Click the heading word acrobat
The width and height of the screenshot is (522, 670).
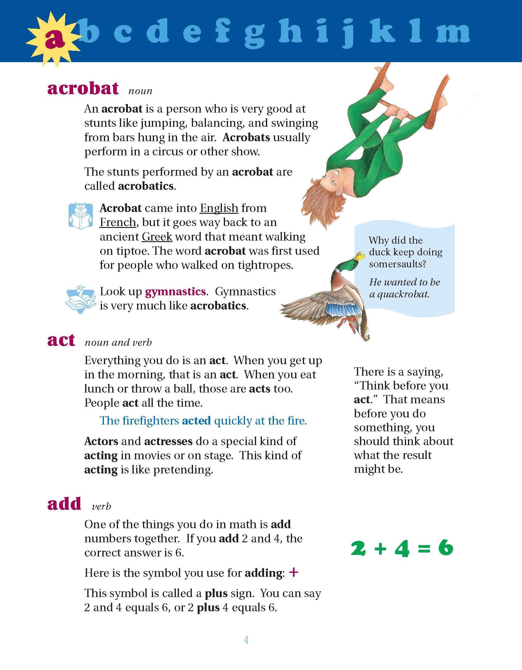click(x=83, y=89)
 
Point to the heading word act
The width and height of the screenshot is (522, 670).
click(x=61, y=340)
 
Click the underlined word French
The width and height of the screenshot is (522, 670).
click(x=118, y=222)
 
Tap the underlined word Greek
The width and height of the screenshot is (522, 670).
click(x=157, y=237)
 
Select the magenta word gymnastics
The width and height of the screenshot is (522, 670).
click(x=175, y=292)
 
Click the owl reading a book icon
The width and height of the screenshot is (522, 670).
click(x=81, y=216)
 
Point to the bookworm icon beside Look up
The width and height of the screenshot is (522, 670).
click(x=79, y=299)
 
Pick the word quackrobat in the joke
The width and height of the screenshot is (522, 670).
click(x=403, y=294)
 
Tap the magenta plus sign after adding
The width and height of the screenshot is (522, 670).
click(x=294, y=572)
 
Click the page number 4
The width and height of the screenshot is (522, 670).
click(x=246, y=640)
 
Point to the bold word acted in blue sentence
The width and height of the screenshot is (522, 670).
click(x=196, y=421)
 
